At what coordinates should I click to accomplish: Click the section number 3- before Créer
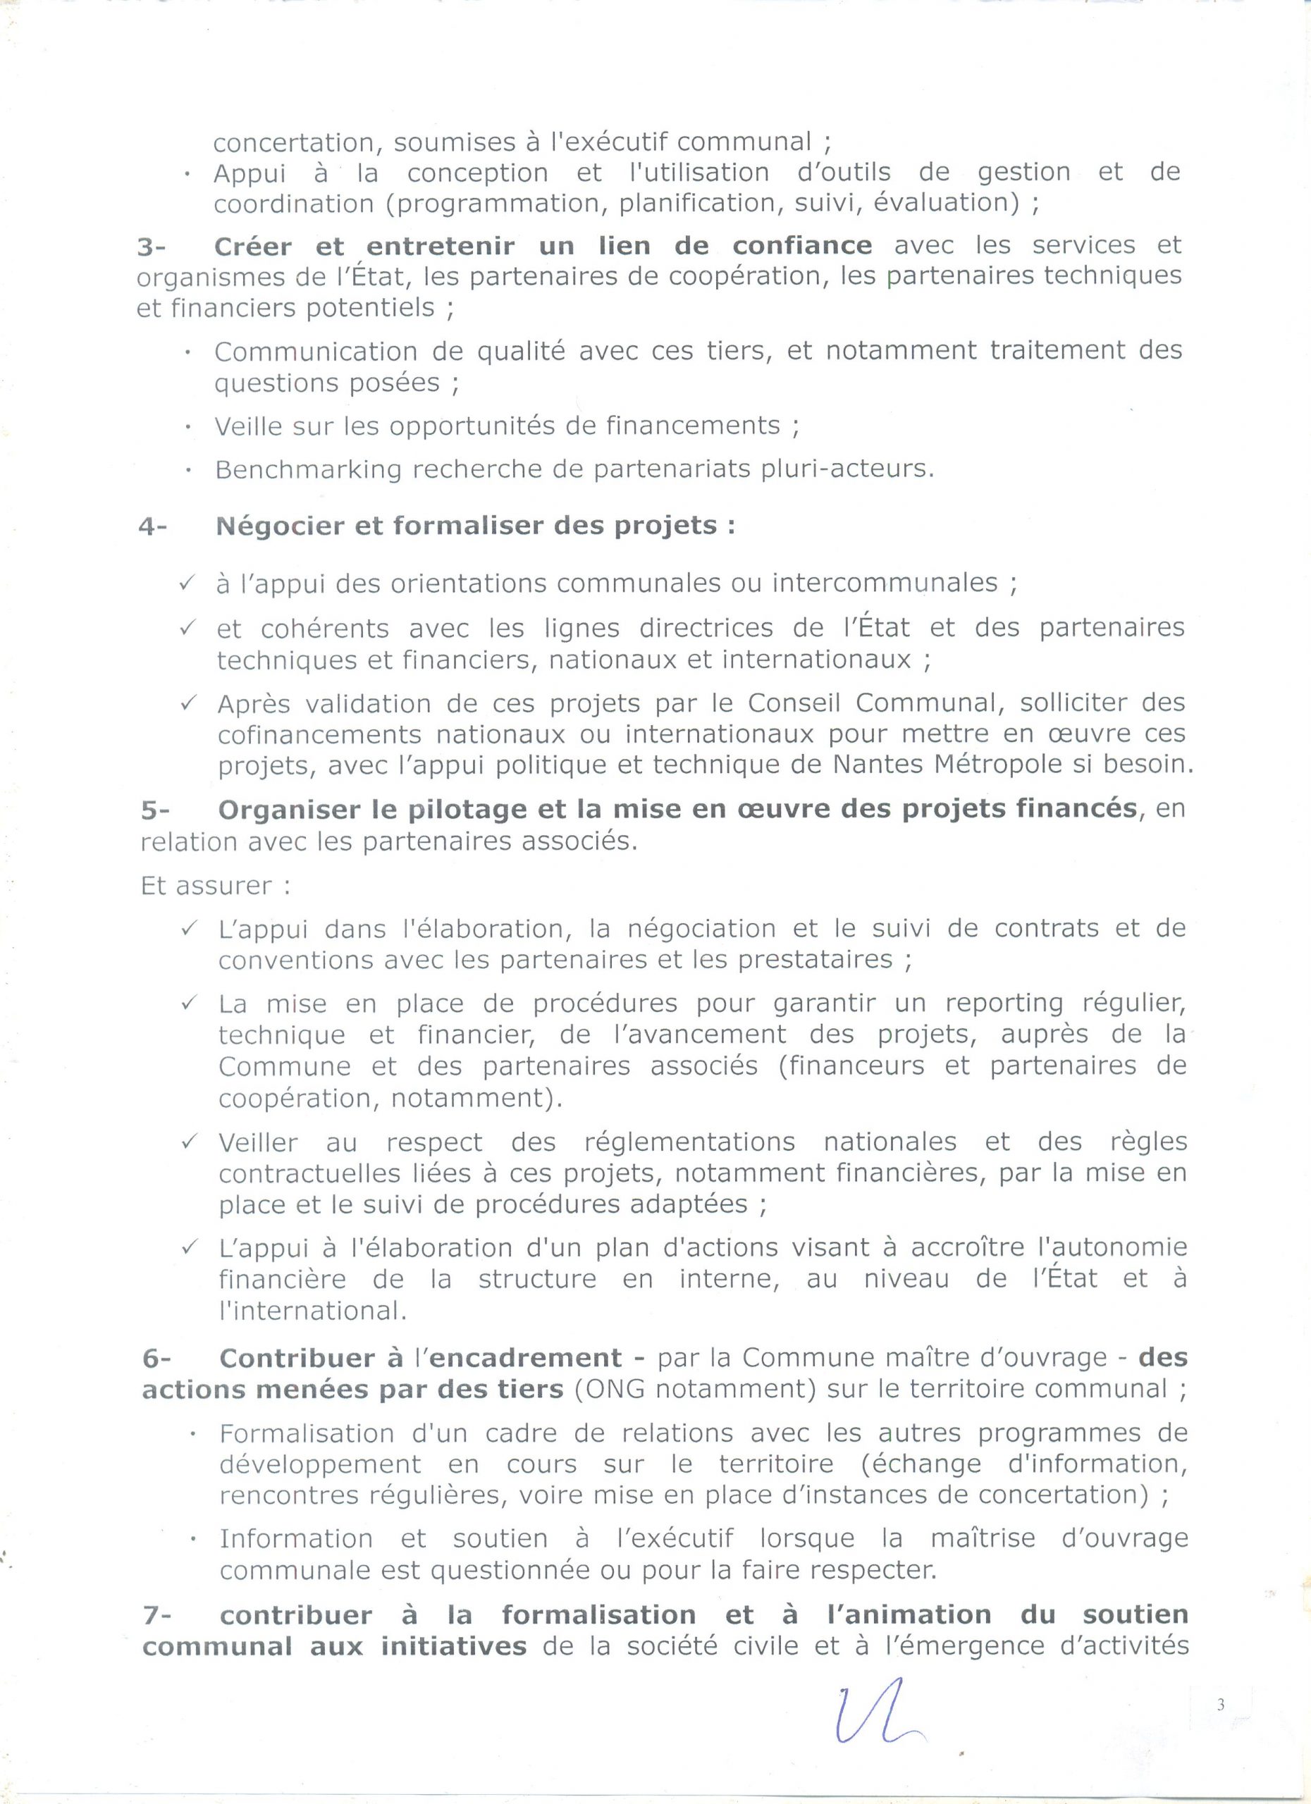[151, 247]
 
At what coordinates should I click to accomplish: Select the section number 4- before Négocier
[152, 526]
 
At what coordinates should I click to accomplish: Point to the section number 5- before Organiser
[156, 810]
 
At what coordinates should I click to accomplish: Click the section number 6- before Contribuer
[156, 1358]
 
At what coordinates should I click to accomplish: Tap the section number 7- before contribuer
[157, 1614]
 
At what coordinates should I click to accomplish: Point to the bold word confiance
[802, 246]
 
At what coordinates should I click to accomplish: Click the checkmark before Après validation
[188, 703]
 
